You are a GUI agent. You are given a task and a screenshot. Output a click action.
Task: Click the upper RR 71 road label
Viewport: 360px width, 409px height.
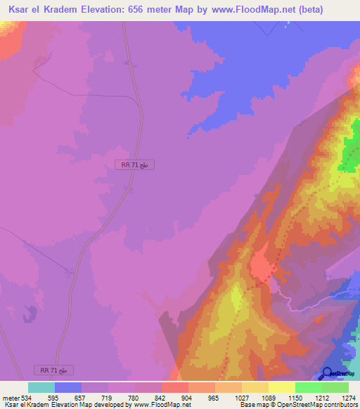tap(134, 164)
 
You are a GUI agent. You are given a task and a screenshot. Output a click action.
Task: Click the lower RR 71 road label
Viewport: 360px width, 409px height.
tap(53, 370)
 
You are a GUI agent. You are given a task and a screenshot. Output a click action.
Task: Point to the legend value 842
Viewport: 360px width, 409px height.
tap(161, 398)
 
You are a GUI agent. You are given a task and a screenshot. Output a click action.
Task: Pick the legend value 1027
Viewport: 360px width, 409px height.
tap(241, 398)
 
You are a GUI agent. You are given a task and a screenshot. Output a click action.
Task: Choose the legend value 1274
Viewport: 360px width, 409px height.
tap(348, 398)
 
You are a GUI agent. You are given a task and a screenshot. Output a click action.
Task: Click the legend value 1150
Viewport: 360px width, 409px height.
tap(295, 398)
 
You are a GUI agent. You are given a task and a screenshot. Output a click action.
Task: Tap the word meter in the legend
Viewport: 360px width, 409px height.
tap(10, 398)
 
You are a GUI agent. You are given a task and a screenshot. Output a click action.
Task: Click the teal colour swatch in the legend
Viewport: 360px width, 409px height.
tap(41, 387)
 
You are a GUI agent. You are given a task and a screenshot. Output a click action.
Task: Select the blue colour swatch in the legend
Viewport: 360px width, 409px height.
tap(68, 387)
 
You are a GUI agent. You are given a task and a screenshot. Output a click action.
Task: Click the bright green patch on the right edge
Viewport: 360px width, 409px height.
tap(349, 151)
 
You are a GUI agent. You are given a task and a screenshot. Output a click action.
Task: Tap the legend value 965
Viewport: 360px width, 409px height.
tap(214, 398)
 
